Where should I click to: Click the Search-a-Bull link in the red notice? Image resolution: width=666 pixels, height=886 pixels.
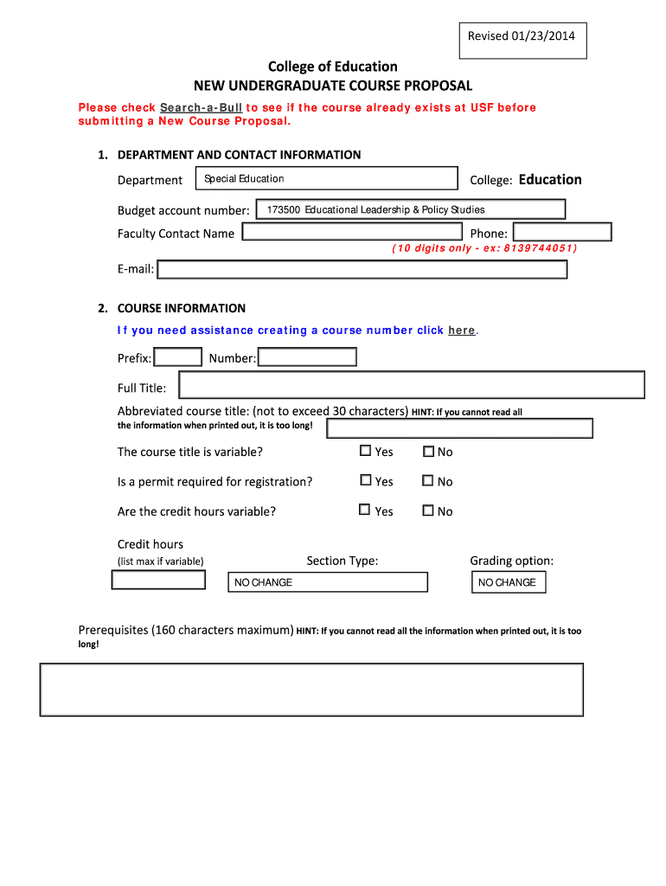(x=202, y=107)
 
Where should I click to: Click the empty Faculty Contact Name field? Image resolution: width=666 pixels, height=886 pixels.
(x=352, y=232)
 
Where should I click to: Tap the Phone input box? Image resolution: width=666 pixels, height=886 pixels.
(x=561, y=232)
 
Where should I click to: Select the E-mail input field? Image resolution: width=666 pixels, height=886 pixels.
(x=362, y=269)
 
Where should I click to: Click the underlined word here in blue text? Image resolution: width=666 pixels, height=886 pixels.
(x=462, y=331)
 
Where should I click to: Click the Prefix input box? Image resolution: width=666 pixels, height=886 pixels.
(x=178, y=357)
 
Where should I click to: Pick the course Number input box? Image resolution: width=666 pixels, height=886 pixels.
(x=307, y=357)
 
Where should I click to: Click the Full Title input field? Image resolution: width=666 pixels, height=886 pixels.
(x=411, y=385)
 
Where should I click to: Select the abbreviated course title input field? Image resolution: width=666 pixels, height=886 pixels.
(x=459, y=428)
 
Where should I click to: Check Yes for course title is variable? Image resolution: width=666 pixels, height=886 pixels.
(x=365, y=451)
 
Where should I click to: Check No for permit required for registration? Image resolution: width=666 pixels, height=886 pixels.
(x=427, y=481)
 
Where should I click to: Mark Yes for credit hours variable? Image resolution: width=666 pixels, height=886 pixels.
(x=365, y=510)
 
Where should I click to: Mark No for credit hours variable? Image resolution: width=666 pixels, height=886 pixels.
(x=427, y=510)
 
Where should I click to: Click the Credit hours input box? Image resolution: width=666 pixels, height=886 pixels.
(x=158, y=580)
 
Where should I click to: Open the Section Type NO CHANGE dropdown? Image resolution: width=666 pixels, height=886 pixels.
(x=327, y=582)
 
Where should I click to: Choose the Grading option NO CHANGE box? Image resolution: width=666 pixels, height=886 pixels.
(x=509, y=582)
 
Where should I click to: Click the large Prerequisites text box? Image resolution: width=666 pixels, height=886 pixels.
(x=311, y=690)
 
